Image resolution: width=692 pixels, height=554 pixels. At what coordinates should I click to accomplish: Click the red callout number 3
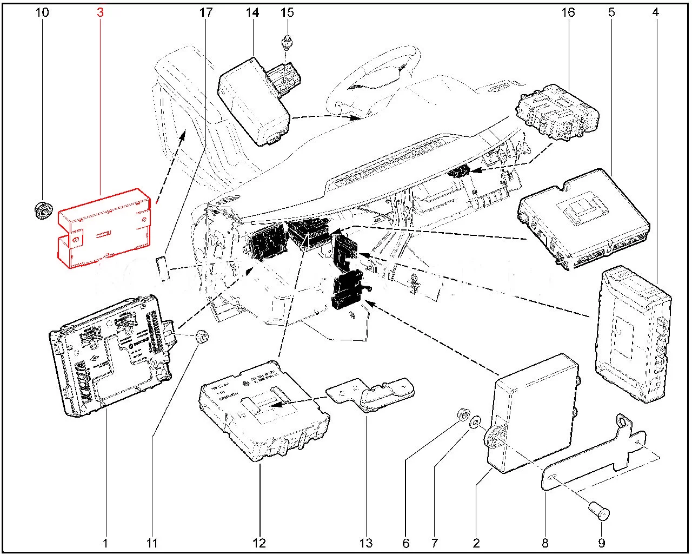(x=100, y=12)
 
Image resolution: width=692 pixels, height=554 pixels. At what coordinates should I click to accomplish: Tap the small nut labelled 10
(x=42, y=209)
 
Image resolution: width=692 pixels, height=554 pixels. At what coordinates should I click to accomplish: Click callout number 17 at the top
(x=206, y=12)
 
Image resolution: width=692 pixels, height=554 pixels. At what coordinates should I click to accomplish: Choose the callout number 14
(x=253, y=12)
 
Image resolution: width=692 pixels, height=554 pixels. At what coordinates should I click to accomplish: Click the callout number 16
(x=568, y=12)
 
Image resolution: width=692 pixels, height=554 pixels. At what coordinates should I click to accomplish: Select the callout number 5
(x=611, y=12)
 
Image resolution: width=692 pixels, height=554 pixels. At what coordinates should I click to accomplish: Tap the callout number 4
(x=655, y=12)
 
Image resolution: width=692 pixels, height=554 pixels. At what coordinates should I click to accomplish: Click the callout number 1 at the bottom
(x=105, y=543)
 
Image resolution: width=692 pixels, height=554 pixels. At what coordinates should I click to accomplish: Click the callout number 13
(x=366, y=543)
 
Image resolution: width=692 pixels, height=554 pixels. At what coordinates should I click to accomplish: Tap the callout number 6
(x=406, y=543)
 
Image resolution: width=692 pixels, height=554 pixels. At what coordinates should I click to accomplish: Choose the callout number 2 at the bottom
(x=476, y=543)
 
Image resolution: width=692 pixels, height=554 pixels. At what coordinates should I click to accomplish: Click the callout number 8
(x=545, y=543)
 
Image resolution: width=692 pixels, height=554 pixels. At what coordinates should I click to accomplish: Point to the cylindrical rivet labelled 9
(x=599, y=510)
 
